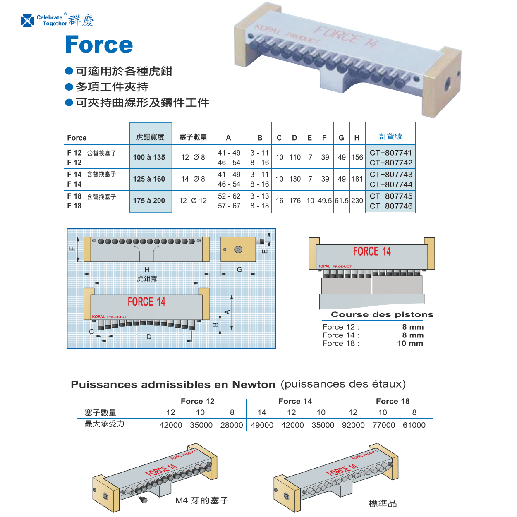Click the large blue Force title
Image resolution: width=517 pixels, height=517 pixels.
click(x=99, y=45)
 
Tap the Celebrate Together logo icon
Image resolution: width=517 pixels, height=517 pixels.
click(x=27, y=21)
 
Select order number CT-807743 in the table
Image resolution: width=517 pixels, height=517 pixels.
click(x=391, y=175)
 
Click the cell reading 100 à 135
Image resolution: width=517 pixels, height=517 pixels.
click(x=149, y=157)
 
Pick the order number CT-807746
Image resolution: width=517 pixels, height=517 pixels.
click(x=391, y=206)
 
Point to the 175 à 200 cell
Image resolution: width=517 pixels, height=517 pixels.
click(x=149, y=201)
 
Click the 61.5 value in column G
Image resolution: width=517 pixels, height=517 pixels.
click(x=342, y=201)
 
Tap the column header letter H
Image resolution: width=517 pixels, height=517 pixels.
click(x=357, y=138)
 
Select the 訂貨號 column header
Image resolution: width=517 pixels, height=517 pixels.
click(x=390, y=136)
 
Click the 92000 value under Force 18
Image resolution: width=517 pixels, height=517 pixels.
click(x=353, y=425)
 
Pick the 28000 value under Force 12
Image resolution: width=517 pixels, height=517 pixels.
click(x=232, y=425)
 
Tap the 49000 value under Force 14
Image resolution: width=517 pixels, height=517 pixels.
click(x=262, y=425)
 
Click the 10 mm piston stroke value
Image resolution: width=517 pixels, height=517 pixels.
click(x=410, y=343)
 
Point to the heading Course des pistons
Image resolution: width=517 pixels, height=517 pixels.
click(x=382, y=314)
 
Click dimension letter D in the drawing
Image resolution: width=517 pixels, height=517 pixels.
click(x=149, y=337)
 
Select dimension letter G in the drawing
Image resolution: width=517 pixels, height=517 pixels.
click(x=239, y=270)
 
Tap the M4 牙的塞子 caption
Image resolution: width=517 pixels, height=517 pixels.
click(x=202, y=500)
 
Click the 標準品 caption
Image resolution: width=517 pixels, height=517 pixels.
click(x=383, y=503)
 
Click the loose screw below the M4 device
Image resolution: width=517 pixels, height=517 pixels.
click(x=144, y=500)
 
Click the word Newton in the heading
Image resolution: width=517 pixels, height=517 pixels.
click(x=254, y=385)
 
